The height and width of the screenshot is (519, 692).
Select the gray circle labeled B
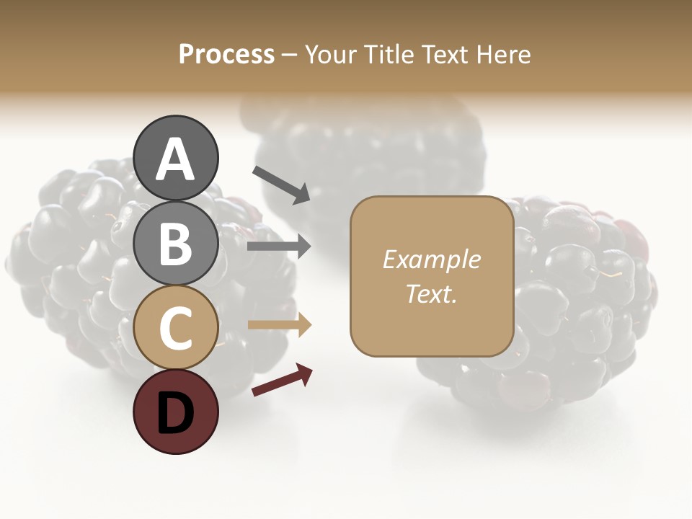[x=175, y=244]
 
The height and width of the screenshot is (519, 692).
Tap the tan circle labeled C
[x=175, y=328]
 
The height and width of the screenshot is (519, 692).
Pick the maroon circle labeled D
[x=175, y=412]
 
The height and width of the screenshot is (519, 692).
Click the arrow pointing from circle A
[x=281, y=185]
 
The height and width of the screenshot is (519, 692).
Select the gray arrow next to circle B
[x=279, y=247]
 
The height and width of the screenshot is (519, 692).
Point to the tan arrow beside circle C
[x=280, y=325]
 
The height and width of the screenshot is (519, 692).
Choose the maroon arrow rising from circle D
[x=282, y=381]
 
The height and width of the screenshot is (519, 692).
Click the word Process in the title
[x=226, y=55]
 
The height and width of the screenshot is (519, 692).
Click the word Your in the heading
[x=329, y=55]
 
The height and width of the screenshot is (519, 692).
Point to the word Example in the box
[x=431, y=259]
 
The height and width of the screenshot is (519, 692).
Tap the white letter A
[x=175, y=159]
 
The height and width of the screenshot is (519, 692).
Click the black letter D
[x=175, y=414]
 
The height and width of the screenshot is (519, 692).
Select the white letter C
[x=175, y=329]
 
